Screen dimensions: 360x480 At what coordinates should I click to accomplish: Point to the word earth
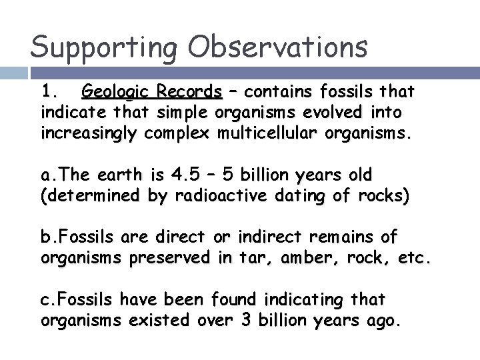coord(121,175)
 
